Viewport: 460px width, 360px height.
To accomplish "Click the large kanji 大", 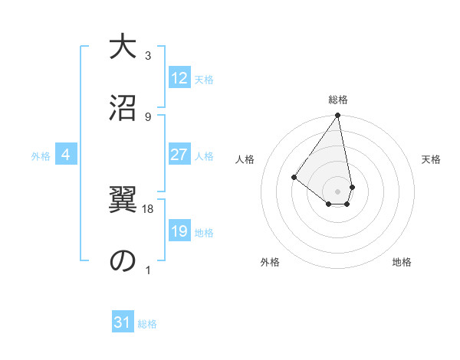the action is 121,47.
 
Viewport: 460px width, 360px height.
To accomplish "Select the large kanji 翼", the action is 121,201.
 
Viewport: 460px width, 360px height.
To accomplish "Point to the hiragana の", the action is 121,260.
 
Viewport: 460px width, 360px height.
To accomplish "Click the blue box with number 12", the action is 179,78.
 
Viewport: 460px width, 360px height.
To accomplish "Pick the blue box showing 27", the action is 179,155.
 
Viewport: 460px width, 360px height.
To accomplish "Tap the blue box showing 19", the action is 179,231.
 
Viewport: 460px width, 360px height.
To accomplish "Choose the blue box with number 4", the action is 66,155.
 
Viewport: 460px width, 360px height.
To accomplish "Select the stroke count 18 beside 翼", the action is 149,208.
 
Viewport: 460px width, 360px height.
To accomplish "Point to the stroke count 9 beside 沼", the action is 149,116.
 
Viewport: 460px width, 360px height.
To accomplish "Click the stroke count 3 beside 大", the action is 149,56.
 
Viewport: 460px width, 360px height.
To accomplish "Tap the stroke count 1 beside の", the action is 149,270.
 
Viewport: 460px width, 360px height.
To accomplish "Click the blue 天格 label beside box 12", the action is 204,80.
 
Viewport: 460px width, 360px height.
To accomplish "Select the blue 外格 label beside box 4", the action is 41,156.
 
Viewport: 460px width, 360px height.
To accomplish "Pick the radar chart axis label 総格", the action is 337,100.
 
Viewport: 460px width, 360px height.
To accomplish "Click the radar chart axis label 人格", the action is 245,159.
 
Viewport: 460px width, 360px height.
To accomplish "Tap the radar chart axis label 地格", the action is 402,262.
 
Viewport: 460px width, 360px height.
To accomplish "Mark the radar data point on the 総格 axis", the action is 337,116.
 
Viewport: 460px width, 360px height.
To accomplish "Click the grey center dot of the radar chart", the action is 337,190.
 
